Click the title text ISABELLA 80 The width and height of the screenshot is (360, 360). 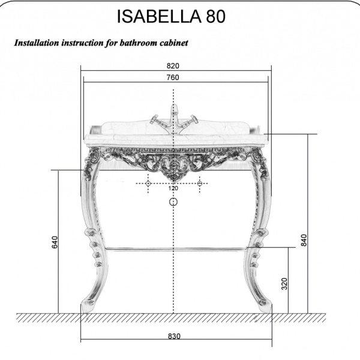point(171,16)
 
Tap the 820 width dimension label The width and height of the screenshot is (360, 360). point(173,66)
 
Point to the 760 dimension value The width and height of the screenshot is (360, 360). point(173,77)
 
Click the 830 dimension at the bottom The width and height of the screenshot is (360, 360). point(173,336)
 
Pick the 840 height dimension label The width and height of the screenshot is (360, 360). point(304,241)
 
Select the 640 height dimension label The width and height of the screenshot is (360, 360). point(55,242)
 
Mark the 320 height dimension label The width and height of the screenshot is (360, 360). point(284,283)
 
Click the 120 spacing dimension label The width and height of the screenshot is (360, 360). point(173,188)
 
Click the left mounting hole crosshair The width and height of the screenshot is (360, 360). point(148,183)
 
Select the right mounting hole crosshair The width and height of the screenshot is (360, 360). point(199,183)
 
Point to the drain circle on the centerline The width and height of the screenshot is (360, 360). point(173,202)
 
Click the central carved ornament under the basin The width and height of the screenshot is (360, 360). point(174,167)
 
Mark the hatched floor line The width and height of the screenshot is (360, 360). point(174,317)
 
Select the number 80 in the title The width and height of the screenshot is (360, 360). point(215,16)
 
